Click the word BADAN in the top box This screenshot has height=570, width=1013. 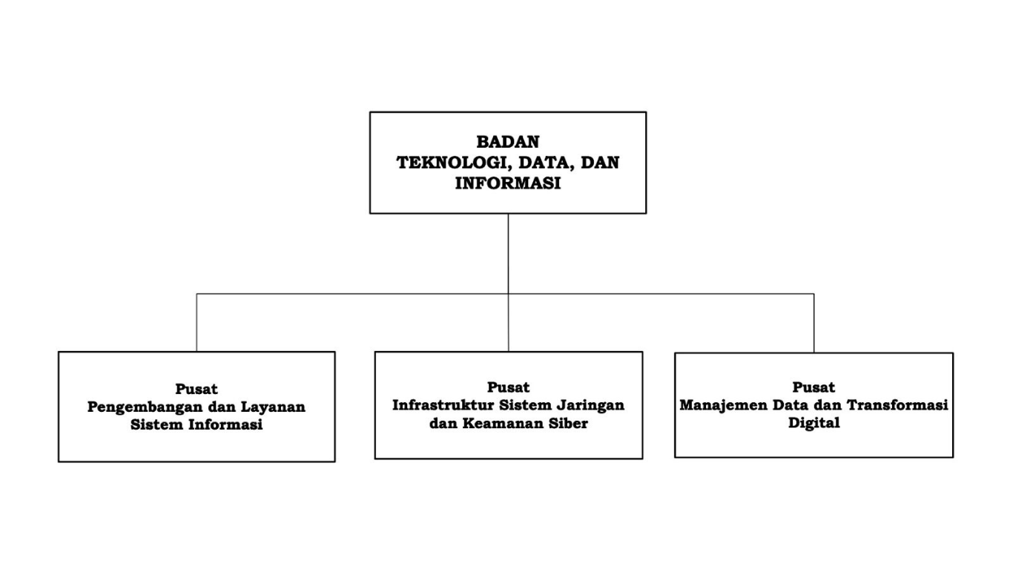[508, 142]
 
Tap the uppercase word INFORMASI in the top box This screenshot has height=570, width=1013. [508, 183]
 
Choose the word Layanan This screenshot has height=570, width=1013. [273, 407]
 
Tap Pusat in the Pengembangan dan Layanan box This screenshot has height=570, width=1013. [197, 389]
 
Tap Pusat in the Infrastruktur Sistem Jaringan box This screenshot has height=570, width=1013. [508, 387]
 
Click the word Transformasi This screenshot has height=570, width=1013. [897, 404]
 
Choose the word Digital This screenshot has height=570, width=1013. [814, 423]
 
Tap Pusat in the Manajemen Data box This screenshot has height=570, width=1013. [814, 387]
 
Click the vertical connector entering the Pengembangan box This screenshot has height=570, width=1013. [197, 323]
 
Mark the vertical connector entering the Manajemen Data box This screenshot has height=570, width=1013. [814, 324]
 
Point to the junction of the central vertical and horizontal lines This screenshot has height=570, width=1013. [508, 294]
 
